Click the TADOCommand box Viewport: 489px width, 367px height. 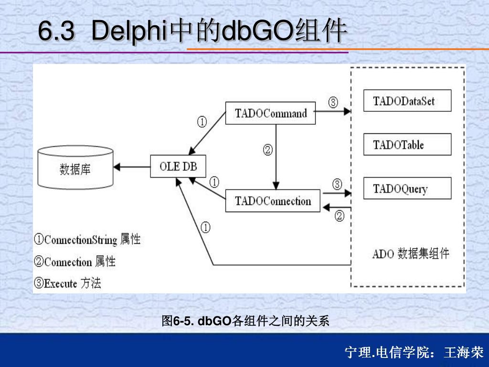coord(270,114)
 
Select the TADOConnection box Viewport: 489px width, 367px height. coord(273,201)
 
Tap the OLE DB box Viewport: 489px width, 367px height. coord(178,167)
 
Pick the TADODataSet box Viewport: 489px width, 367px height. coord(407,101)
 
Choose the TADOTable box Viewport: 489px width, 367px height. coord(407,144)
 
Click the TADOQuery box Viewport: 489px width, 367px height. coord(407,189)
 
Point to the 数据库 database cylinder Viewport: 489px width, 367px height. coord(75,168)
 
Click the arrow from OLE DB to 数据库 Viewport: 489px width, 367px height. coord(132,167)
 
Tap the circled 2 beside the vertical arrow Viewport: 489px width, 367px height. coord(267,151)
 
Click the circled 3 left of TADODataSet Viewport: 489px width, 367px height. coord(333,102)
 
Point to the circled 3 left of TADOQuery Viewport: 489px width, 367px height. coord(337,184)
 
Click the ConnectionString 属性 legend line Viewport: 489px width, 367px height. coord(87,239)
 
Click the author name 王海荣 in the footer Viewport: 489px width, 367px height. coord(464,353)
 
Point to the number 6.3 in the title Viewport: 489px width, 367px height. coord(56,32)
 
